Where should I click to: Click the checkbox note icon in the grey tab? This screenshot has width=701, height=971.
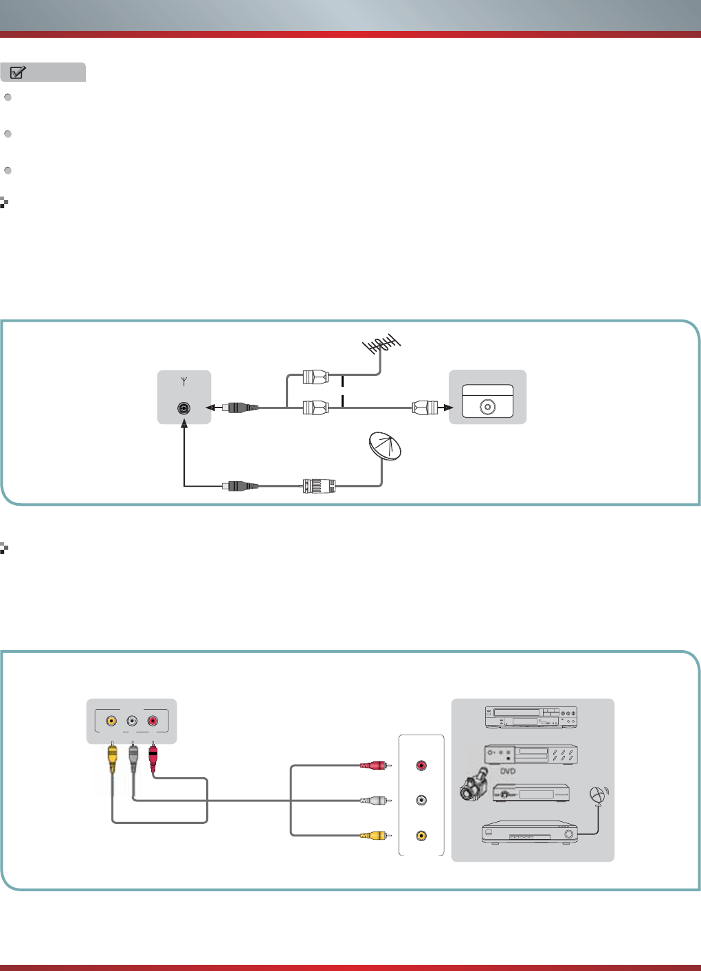18,72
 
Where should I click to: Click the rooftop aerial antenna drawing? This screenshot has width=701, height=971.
381,344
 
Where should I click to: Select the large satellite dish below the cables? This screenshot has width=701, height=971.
385,446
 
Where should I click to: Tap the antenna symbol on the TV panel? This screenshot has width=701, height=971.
184,381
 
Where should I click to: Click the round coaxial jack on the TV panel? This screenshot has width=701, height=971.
183,408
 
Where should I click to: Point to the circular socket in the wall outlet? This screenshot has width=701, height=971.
488,407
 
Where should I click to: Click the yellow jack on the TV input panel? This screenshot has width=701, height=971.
111,721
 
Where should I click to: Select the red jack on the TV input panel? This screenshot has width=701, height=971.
153,721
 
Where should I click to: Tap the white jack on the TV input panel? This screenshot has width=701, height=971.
132,721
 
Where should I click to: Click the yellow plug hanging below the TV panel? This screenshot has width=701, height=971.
112,757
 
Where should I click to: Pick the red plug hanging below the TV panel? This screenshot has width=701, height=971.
153,757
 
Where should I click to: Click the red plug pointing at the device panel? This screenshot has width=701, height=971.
375,766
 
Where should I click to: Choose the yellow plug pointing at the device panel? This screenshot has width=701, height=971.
375,836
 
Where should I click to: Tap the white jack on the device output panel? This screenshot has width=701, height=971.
421,800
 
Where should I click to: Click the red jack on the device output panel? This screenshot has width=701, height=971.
421,766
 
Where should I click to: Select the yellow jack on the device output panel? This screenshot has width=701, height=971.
421,836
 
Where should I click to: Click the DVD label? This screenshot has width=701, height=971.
508,771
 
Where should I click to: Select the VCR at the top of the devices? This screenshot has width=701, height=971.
531,717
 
